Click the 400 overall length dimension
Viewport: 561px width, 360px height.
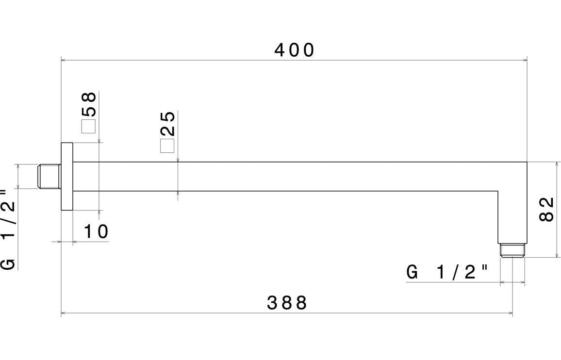295,50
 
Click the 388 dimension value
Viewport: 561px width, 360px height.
287,303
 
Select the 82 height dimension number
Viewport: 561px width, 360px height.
547,209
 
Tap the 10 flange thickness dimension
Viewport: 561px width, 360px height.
96,232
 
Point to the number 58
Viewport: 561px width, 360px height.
89,104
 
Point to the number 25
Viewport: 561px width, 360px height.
167,124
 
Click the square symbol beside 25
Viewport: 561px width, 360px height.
167,146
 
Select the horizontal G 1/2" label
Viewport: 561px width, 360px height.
447,272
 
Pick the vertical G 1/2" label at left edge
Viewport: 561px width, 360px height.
8,229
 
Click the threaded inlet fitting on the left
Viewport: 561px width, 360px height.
49,176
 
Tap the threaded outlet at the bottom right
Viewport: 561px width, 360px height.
512,249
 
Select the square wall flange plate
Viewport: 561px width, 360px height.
66,176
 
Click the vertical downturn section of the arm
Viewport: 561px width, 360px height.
512,216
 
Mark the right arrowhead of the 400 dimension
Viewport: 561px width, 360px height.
525,61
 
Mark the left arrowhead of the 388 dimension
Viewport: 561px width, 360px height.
64,313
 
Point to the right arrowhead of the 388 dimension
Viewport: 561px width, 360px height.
510,313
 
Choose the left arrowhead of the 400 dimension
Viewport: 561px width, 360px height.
64,61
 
